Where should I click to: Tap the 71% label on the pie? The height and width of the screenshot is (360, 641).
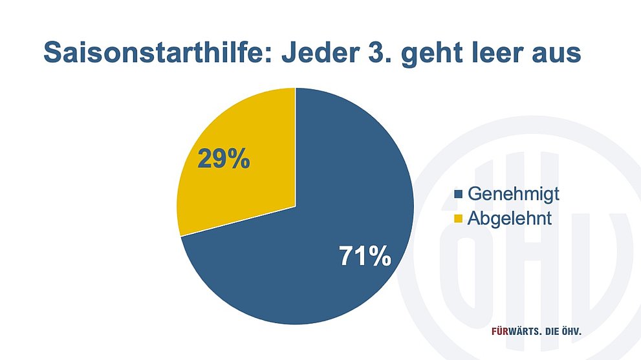point(365,256)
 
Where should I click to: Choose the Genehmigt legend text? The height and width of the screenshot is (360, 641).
point(514,194)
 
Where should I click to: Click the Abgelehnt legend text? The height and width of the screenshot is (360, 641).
point(509,218)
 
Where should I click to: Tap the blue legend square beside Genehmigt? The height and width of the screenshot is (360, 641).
point(458,194)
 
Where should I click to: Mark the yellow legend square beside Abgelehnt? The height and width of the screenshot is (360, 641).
point(458,218)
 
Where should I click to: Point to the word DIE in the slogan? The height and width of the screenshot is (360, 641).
point(552,331)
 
